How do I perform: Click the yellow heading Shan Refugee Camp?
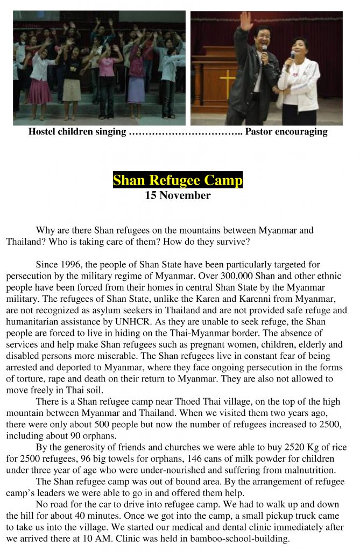[178, 180]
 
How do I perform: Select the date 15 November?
[178, 195]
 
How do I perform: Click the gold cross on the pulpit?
[228, 82]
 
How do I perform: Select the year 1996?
[67, 265]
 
